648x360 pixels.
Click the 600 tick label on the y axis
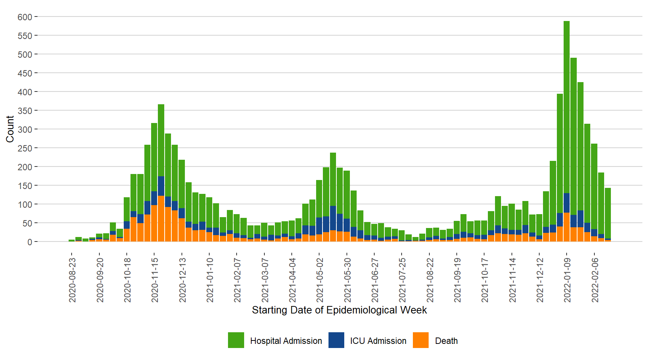[25, 17]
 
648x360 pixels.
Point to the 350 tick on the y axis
[25, 111]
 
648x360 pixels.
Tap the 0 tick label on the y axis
[30, 242]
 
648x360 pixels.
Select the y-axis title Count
[10, 129]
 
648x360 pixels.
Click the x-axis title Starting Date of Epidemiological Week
[339, 310]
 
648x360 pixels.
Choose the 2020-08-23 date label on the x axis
[72, 280]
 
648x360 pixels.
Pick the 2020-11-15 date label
[154, 280]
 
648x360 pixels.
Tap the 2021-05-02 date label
[319, 280]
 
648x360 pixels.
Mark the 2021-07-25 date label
[402, 280]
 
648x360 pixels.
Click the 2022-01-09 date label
[567, 280]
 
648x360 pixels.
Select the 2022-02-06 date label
[595, 280]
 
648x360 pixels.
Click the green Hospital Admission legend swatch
[236, 340]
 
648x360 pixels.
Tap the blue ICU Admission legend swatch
[336, 340]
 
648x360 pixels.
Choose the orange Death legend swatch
[421, 340]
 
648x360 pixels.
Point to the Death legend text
[446, 341]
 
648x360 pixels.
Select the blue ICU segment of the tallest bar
[567, 203]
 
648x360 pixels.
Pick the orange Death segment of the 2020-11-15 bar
[154, 223]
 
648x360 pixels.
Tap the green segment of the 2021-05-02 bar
[319, 199]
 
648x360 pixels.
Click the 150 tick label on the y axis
[25, 186]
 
